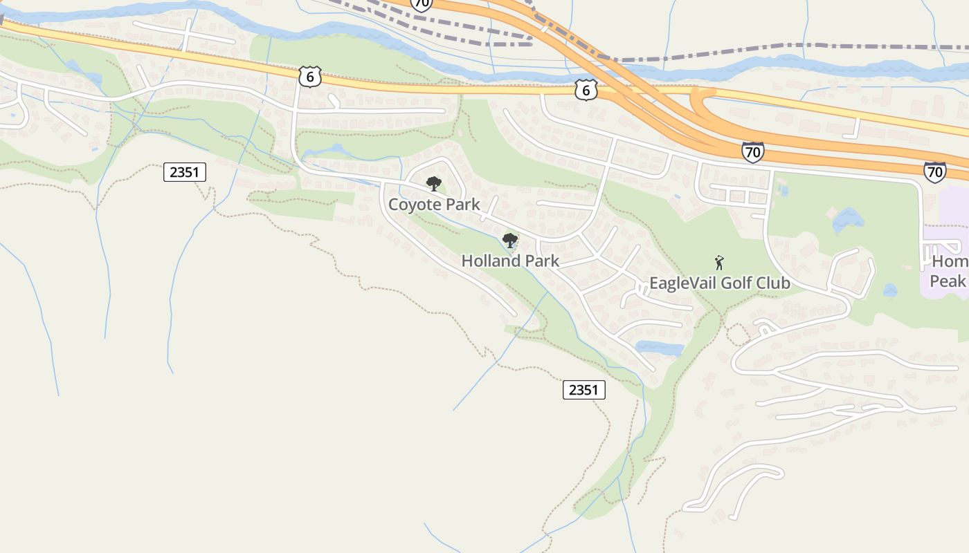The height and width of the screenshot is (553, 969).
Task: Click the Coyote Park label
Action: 434,205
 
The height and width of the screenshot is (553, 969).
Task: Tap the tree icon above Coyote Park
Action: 434,183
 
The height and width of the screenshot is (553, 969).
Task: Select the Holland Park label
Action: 510,261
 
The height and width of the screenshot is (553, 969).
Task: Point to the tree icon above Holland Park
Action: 510,241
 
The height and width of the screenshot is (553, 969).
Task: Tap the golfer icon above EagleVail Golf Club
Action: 719,263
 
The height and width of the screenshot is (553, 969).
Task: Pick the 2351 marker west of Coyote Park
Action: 185,172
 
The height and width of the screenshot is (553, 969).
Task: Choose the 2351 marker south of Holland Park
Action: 583,390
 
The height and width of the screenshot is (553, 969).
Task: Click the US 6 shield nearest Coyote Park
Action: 310,77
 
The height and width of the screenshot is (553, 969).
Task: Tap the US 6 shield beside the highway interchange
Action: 586,89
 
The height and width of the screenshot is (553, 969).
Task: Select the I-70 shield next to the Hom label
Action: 934,172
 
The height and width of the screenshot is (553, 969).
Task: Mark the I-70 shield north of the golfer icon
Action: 752,152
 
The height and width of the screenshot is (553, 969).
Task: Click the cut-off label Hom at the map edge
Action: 950,262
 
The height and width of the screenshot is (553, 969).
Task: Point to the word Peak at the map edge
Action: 947,281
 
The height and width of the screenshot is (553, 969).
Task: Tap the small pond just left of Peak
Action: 890,290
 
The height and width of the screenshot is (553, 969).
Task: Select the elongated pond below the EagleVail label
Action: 659,348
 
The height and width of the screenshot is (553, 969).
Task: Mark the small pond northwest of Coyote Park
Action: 333,150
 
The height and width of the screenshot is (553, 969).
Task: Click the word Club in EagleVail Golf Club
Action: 774,283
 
